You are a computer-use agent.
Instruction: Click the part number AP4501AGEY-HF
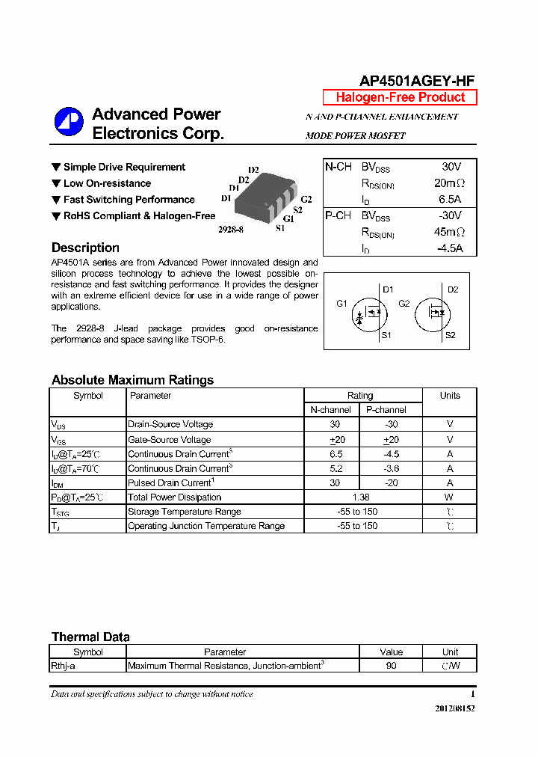pyautogui.click(x=417, y=82)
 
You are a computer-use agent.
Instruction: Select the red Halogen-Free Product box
pyautogui.click(x=400, y=97)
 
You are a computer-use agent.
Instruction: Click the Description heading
pyautogui.click(x=85, y=248)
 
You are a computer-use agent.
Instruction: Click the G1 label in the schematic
pyautogui.click(x=342, y=304)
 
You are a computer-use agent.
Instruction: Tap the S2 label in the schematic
pyautogui.click(x=450, y=335)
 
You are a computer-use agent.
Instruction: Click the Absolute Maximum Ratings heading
pyautogui.click(x=132, y=380)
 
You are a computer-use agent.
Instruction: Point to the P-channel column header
pyautogui.click(x=386, y=410)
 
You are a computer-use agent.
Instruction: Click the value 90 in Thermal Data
pyautogui.click(x=391, y=666)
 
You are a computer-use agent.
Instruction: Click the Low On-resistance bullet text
pyautogui.click(x=107, y=183)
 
